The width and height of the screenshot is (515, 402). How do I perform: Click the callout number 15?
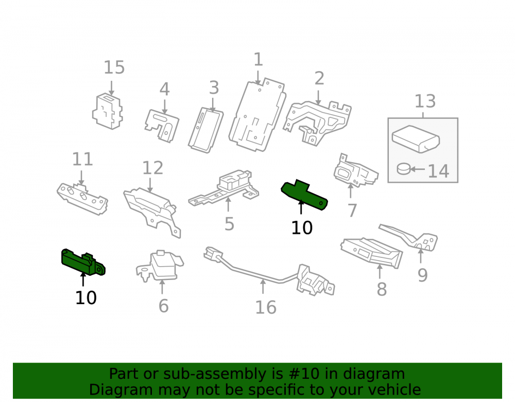[x=114, y=67]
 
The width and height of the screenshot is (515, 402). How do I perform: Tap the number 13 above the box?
[x=425, y=101]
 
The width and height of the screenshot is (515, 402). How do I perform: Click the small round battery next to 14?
[x=403, y=169]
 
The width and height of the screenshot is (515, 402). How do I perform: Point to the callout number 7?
[x=352, y=211]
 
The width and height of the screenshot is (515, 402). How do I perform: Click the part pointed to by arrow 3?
[x=206, y=130]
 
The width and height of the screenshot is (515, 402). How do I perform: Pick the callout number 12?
[x=153, y=168]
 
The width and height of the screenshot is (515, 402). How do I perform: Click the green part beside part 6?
[x=83, y=262]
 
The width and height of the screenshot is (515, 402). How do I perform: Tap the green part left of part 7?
[x=304, y=195]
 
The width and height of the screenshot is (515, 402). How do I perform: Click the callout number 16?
[x=266, y=307]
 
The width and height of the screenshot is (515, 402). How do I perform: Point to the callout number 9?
[x=423, y=275]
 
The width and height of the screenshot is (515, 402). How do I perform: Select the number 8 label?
[x=382, y=289]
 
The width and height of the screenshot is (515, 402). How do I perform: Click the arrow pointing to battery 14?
[x=418, y=169]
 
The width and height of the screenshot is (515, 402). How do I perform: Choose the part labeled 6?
[x=160, y=266]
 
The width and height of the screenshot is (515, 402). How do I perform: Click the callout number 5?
[x=229, y=224]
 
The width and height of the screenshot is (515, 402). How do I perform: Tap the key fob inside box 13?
[x=416, y=139]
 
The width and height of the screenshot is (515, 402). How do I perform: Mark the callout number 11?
[x=82, y=160]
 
